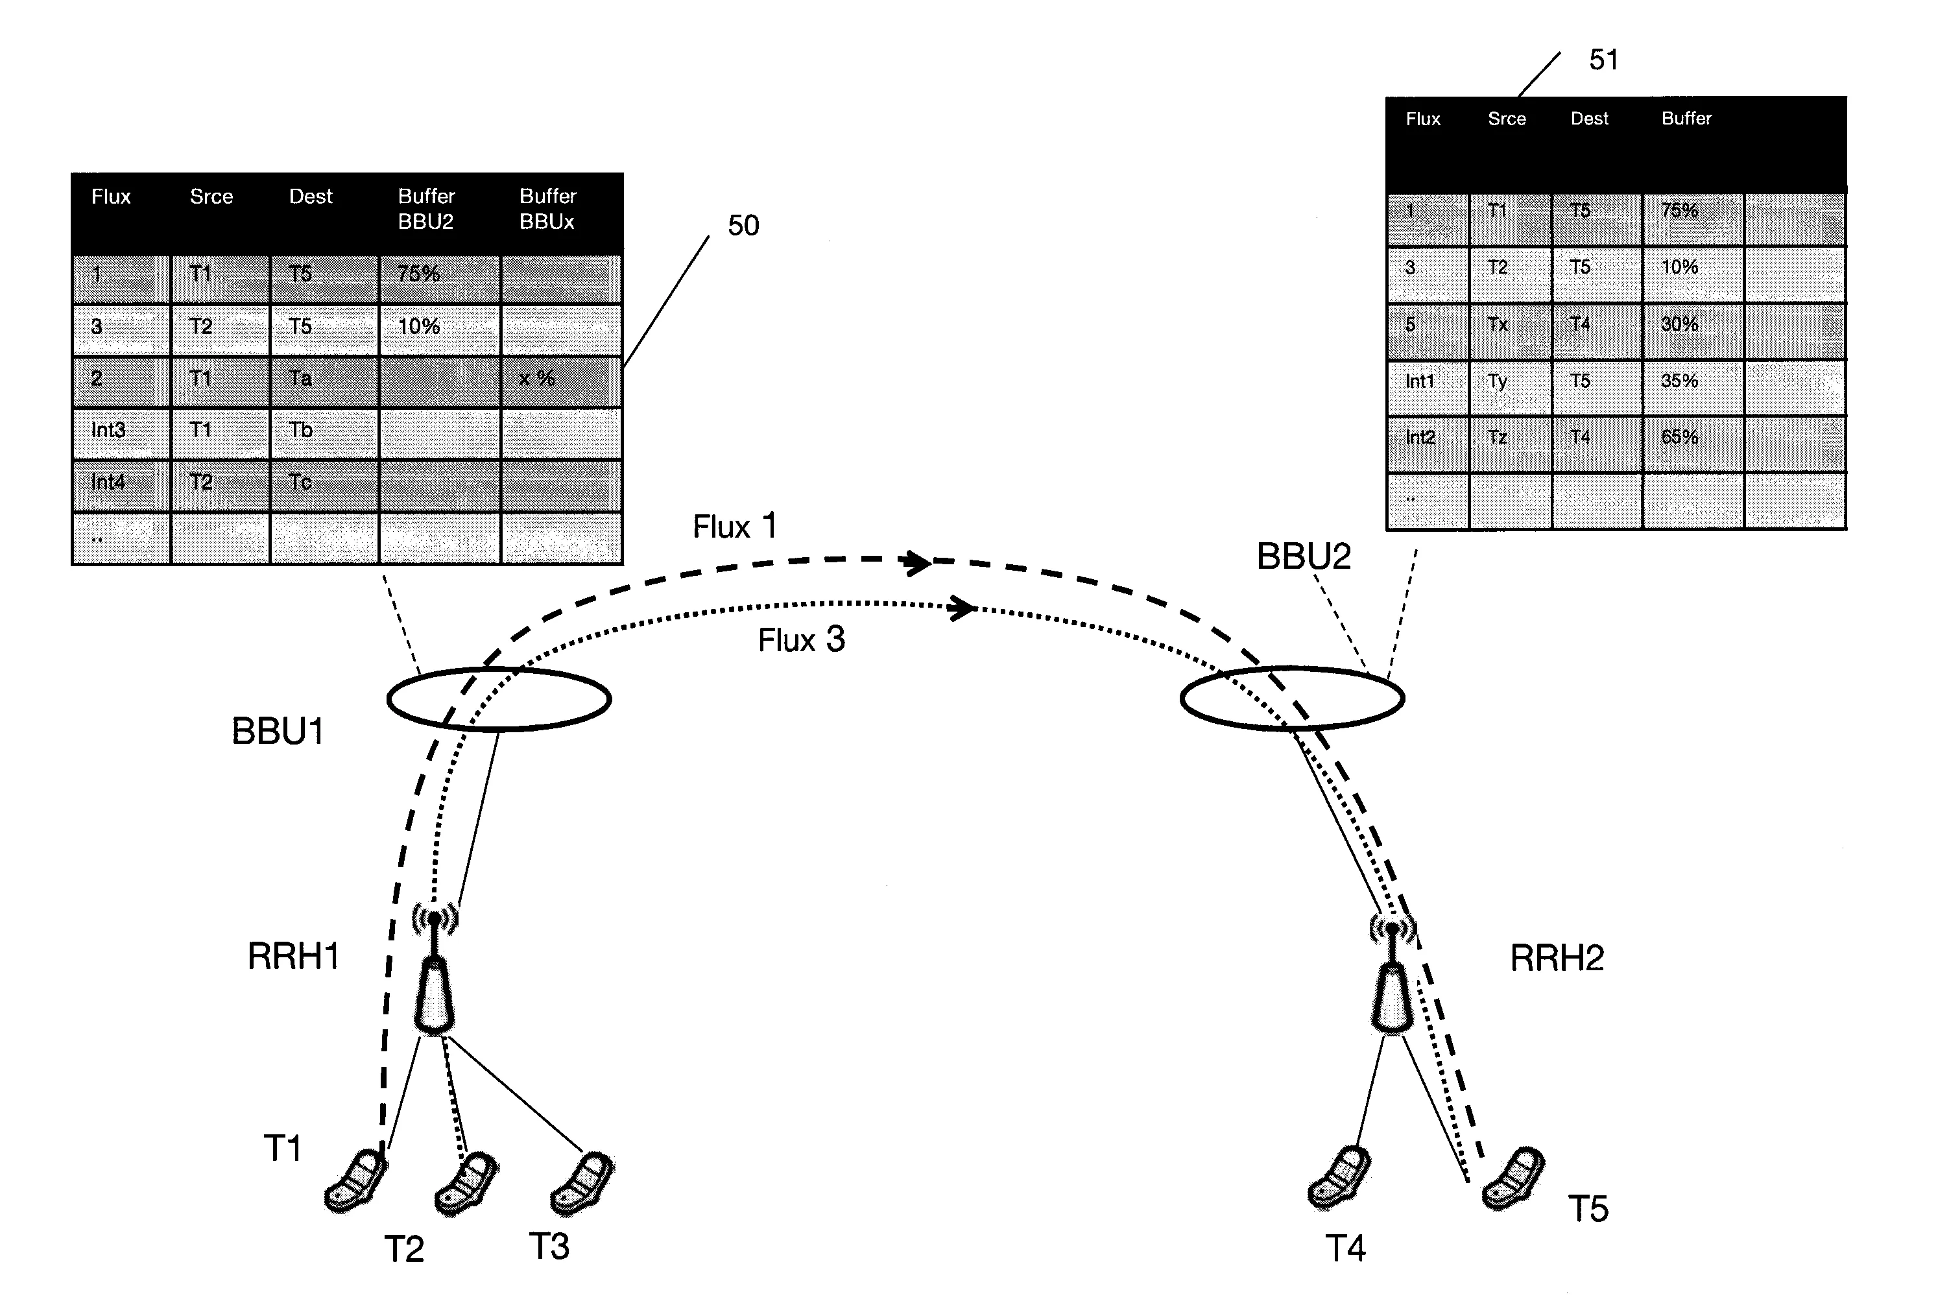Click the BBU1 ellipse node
(x=499, y=698)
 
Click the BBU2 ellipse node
(x=1292, y=698)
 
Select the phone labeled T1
(x=356, y=1180)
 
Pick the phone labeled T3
(x=582, y=1182)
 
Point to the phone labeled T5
(x=1513, y=1178)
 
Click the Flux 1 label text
(x=734, y=526)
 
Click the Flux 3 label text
(x=800, y=639)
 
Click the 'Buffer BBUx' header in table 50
(x=547, y=209)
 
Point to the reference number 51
(x=1603, y=60)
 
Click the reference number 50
(x=743, y=226)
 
